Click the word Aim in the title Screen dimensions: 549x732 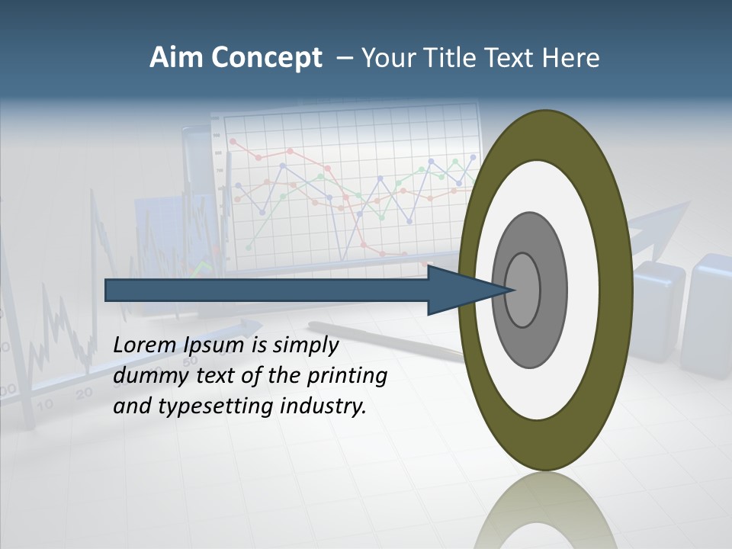pos(176,58)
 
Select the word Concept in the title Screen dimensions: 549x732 pos(266,59)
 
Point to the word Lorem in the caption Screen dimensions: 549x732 pos(145,345)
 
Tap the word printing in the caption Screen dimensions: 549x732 pos(347,377)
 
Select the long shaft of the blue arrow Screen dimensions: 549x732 pos(267,291)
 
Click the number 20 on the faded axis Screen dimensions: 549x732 pos(84,393)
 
